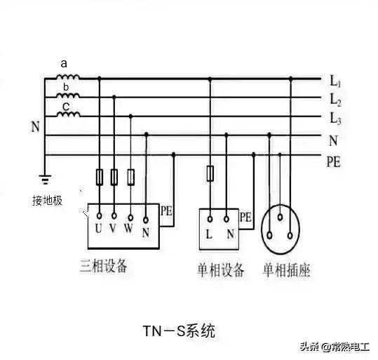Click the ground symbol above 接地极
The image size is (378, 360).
[45, 179]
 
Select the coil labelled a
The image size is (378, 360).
[68, 77]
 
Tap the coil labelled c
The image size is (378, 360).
[68, 114]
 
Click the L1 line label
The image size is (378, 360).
[335, 81]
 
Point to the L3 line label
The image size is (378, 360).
[335, 119]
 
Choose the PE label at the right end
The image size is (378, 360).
[333, 161]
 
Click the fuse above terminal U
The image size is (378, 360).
[100, 178]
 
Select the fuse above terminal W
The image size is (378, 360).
[130, 178]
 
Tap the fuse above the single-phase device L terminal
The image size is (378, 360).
[210, 173]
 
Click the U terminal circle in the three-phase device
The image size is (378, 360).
[99, 215]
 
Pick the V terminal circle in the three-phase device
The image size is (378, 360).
[114, 215]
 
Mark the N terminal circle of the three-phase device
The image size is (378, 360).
[146, 220]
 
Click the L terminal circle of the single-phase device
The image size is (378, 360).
[210, 219]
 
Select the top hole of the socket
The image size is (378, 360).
[280, 218]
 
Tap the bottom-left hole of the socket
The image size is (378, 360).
[270, 235]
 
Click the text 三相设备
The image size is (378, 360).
[103, 266]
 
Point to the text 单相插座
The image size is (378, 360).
[286, 269]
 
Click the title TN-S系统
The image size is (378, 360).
[179, 331]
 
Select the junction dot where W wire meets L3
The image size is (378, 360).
[130, 116]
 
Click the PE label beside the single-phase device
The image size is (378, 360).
[245, 217]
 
